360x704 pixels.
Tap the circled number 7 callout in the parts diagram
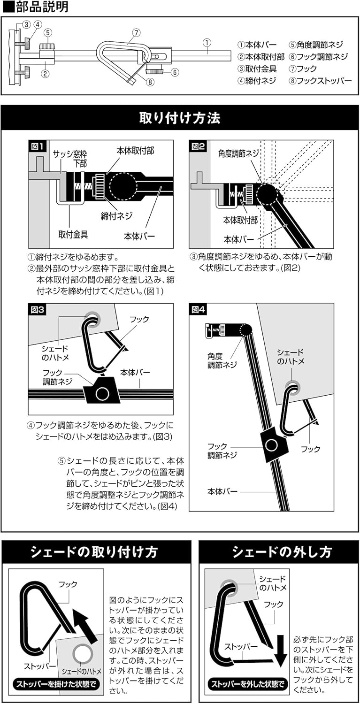pos(136,32)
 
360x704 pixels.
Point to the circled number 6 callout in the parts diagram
pos(174,72)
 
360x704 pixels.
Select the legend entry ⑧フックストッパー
pos(320,80)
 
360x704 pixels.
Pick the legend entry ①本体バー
pos(257,45)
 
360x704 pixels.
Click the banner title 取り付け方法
pos(180,118)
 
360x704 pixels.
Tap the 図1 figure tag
pos(38,146)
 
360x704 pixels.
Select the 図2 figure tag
pos(199,146)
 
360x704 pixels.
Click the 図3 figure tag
pos(38,310)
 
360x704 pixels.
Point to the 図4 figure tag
pos(199,310)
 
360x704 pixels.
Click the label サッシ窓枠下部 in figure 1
pos(69,159)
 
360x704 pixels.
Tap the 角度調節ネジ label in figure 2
pos(237,153)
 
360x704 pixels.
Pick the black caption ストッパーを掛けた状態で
pos(56,684)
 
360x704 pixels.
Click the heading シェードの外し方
pos(279,551)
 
